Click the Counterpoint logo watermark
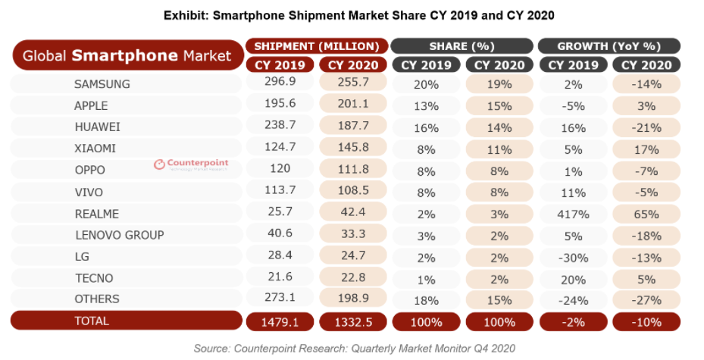click(x=191, y=164)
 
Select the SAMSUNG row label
click(x=102, y=84)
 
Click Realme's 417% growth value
click(x=573, y=214)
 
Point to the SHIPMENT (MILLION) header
click(x=317, y=45)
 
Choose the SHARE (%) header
click(x=462, y=45)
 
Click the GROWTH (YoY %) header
click(x=609, y=45)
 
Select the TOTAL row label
click(x=92, y=321)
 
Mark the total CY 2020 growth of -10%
click(x=646, y=321)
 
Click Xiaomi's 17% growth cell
click(x=646, y=149)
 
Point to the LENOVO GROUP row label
click(x=119, y=235)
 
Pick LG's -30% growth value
click(x=573, y=257)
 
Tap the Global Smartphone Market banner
click(x=127, y=55)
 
